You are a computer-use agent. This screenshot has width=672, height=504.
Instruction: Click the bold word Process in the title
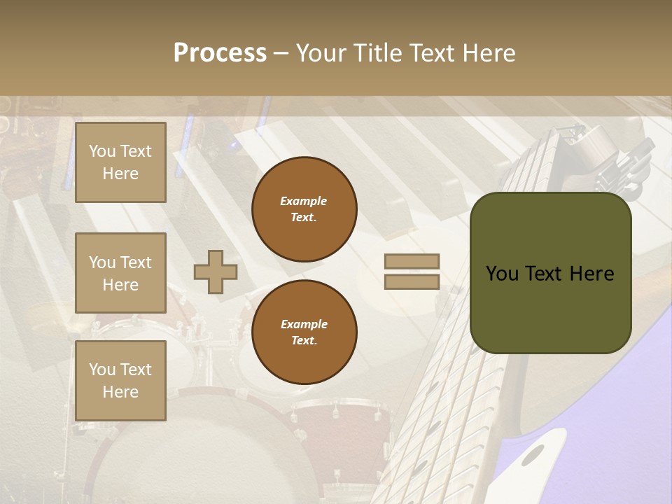point(220,53)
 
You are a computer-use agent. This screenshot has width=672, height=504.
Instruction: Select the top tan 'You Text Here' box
point(120,162)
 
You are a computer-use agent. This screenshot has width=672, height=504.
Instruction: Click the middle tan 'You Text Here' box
point(120,273)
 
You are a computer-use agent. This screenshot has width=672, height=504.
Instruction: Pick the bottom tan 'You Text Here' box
point(120,381)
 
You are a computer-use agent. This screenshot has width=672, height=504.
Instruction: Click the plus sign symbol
point(216,272)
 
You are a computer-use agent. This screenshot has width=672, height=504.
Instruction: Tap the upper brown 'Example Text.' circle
point(304,209)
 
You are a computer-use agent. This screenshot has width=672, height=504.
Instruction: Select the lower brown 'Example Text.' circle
point(304,332)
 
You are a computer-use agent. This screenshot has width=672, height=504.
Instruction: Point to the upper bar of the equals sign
point(412,261)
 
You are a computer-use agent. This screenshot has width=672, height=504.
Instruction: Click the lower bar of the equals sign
point(412,281)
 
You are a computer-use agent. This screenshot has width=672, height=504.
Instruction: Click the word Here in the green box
point(591,274)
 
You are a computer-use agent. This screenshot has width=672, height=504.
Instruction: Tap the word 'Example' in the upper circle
point(304,201)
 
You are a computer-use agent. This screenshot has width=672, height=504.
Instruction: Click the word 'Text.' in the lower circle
point(304,341)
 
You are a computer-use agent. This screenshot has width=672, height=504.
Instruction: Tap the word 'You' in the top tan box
point(102,151)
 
